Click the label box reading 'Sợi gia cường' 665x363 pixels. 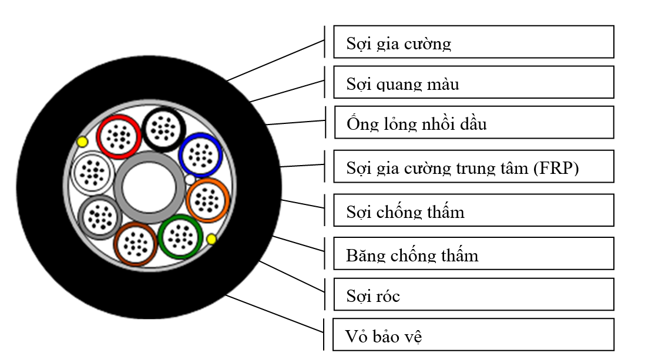pyautogui.click(x=473, y=42)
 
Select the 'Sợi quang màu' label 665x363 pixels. pyautogui.click(x=473, y=82)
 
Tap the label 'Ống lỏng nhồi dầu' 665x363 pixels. pyautogui.click(x=473, y=122)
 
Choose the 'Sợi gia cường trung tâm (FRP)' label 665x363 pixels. pyautogui.click(x=473, y=166)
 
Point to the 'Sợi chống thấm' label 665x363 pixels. pyautogui.click(x=473, y=210)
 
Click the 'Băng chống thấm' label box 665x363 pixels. pyautogui.click(x=473, y=254)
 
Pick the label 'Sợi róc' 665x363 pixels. pyautogui.click(x=473, y=294)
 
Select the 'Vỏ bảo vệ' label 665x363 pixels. pyautogui.click(x=473, y=335)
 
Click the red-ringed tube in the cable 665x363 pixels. pyautogui.click(x=119, y=137)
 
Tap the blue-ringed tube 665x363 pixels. pyautogui.click(x=200, y=154)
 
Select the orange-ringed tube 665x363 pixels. pyautogui.click(x=207, y=200)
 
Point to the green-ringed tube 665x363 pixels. pyautogui.click(x=180, y=236)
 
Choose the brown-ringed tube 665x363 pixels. pyautogui.click(x=136, y=244)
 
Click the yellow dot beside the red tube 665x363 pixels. pyautogui.click(x=82, y=142)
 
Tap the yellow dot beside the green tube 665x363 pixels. pyautogui.click(x=211, y=238)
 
